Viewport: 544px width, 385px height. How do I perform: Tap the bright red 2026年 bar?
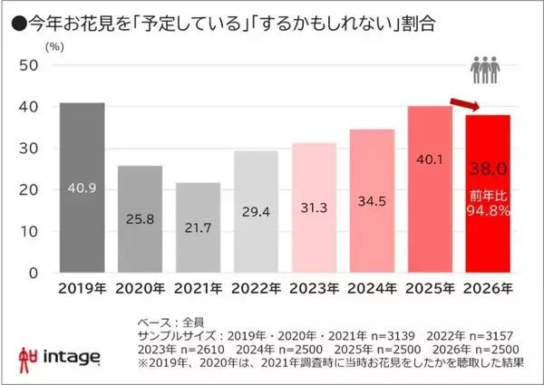[488, 194]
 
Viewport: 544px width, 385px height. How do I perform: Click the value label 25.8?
[141, 219]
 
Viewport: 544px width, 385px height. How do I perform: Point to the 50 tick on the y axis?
[28, 65]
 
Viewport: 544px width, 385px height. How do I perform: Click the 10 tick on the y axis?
[28, 231]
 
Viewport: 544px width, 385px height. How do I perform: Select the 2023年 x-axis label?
[315, 292]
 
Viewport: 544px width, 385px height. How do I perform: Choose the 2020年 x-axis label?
[141, 292]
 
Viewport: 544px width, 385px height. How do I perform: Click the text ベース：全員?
[174, 322]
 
